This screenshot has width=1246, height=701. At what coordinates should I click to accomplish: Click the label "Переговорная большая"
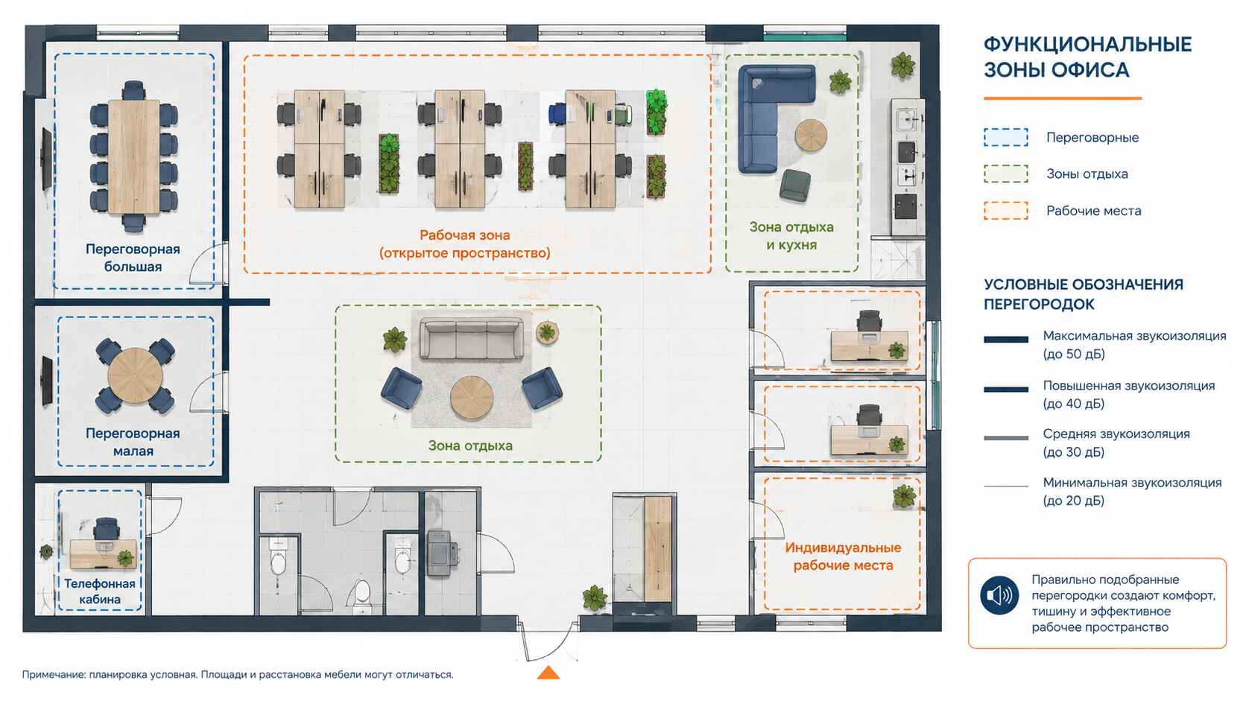click(x=133, y=258)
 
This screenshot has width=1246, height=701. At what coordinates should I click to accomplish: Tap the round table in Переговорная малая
click(x=135, y=375)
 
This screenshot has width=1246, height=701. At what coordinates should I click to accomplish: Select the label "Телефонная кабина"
click(x=100, y=591)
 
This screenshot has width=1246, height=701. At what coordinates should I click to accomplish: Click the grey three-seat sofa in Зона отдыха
click(x=471, y=338)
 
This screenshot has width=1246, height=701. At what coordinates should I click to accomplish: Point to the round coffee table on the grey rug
click(x=472, y=398)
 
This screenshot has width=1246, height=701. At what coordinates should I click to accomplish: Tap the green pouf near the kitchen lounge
click(x=795, y=185)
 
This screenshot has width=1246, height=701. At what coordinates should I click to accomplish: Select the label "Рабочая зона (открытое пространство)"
click(x=464, y=244)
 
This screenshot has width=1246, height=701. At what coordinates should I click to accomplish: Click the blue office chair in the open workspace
click(x=557, y=114)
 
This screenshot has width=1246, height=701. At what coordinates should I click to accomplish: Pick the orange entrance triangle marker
click(x=548, y=673)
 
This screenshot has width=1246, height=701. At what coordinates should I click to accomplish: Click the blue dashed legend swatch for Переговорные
click(x=1006, y=137)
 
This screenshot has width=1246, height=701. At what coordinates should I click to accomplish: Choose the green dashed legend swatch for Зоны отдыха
click(x=1006, y=174)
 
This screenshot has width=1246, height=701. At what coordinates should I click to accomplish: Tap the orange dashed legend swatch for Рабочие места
click(x=1006, y=211)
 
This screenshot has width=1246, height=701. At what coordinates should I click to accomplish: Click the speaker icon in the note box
click(x=999, y=595)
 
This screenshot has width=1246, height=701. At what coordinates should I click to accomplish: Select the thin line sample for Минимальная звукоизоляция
click(x=1006, y=486)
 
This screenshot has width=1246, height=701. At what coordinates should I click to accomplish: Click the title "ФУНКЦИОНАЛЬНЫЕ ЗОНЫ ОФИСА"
click(x=1087, y=57)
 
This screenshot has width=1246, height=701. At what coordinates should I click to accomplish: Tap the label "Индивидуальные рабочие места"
click(x=843, y=556)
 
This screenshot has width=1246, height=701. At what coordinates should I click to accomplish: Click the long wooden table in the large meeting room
click(x=134, y=156)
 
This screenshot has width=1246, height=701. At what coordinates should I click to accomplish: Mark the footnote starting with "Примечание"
click(x=238, y=674)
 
